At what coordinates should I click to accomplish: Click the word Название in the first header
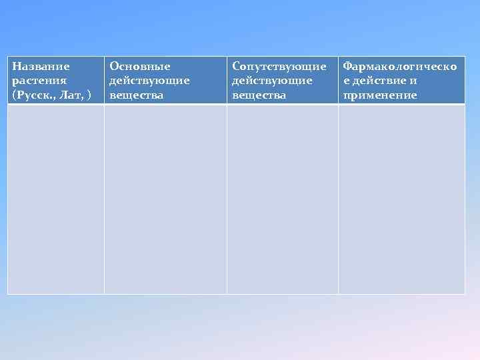[41, 67]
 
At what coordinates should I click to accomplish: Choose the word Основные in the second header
[140, 67]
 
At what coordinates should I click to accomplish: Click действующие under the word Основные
[149, 81]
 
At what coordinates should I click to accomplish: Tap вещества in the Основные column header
[137, 95]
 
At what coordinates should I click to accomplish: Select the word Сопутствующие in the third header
[279, 67]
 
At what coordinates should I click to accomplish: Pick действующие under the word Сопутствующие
[272, 81]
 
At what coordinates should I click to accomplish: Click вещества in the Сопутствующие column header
[259, 95]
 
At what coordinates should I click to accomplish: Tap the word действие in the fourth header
[379, 81]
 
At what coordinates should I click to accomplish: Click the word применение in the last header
[380, 95]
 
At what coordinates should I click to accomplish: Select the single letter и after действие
[414, 81]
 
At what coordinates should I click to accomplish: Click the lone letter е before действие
[346, 81]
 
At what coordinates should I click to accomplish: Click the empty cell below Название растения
[56, 199]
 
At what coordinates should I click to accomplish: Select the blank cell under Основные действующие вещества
[165, 199]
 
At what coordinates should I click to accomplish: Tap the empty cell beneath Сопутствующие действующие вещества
[283, 199]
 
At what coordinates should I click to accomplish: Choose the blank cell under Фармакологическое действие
[401, 199]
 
